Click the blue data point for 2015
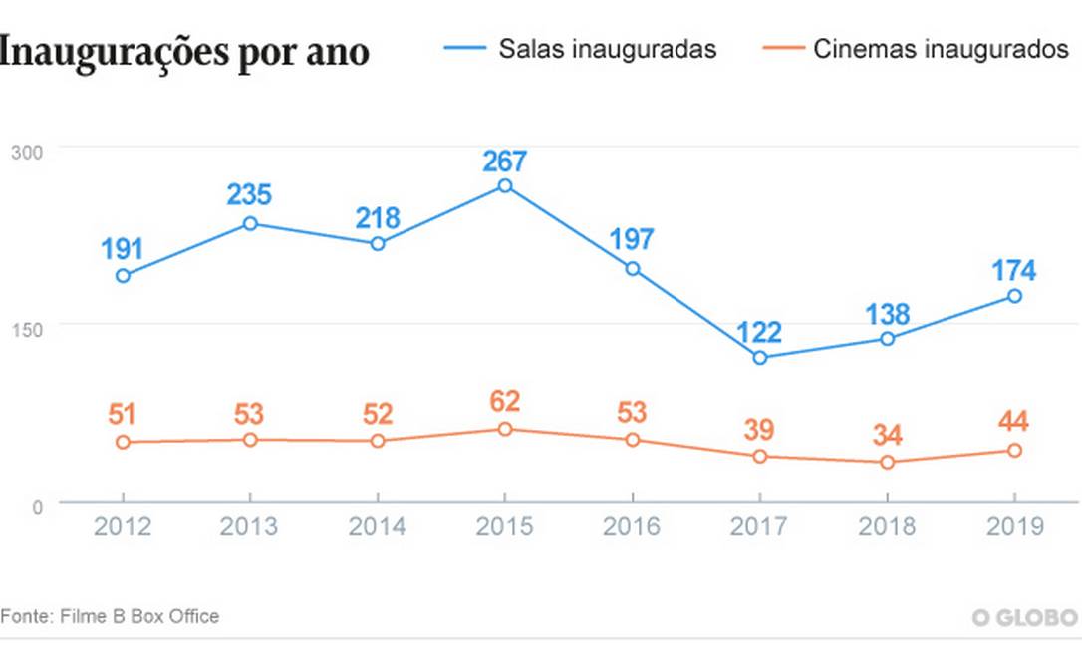pos(505,186)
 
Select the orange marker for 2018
pos(887,462)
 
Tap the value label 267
pos(505,161)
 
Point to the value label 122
pos(760,331)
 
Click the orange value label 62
pos(505,403)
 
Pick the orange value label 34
pos(887,436)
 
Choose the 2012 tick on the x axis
pos(123,525)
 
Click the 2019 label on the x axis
pos(1014,525)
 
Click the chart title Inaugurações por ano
pos(185,51)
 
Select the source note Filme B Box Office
pos(110,616)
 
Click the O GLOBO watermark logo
pos(1025,617)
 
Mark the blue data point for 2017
pos(760,357)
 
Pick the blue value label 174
pos(1014,270)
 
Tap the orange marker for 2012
pos(123,442)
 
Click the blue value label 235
pos(250,195)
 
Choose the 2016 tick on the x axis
pos(632,525)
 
